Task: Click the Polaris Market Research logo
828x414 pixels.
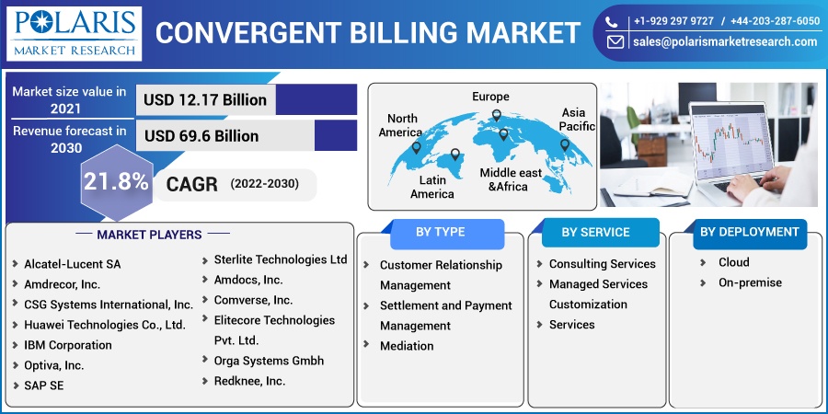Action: pos(74,33)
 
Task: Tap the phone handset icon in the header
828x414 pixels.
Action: pos(611,22)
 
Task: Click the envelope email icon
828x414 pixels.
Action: pos(615,41)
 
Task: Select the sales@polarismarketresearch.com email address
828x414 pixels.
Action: pos(725,41)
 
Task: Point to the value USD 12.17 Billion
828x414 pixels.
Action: pos(205,99)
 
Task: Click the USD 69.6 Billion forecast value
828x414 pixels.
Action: pos(201,136)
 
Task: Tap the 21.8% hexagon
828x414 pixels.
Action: pos(117,182)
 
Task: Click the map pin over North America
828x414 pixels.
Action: pos(416,148)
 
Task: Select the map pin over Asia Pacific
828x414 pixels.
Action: pos(565,144)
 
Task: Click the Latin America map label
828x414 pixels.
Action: pos(432,187)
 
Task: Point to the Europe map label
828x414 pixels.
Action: pos(490,97)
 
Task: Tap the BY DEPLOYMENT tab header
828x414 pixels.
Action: pos(749,233)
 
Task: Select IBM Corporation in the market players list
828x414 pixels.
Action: pos(67,345)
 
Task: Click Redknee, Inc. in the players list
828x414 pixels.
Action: pos(249,381)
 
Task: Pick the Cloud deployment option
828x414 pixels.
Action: pos(733,262)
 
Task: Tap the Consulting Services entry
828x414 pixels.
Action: pos(602,264)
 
